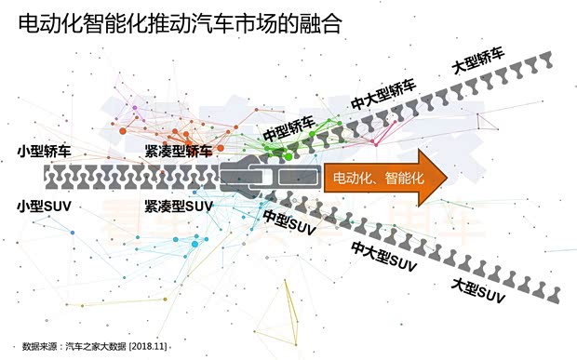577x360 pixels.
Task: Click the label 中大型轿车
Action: tap(382, 95)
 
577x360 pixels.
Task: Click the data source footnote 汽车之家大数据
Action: tap(88, 345)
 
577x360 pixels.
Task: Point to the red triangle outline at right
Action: tap(484, 122)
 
